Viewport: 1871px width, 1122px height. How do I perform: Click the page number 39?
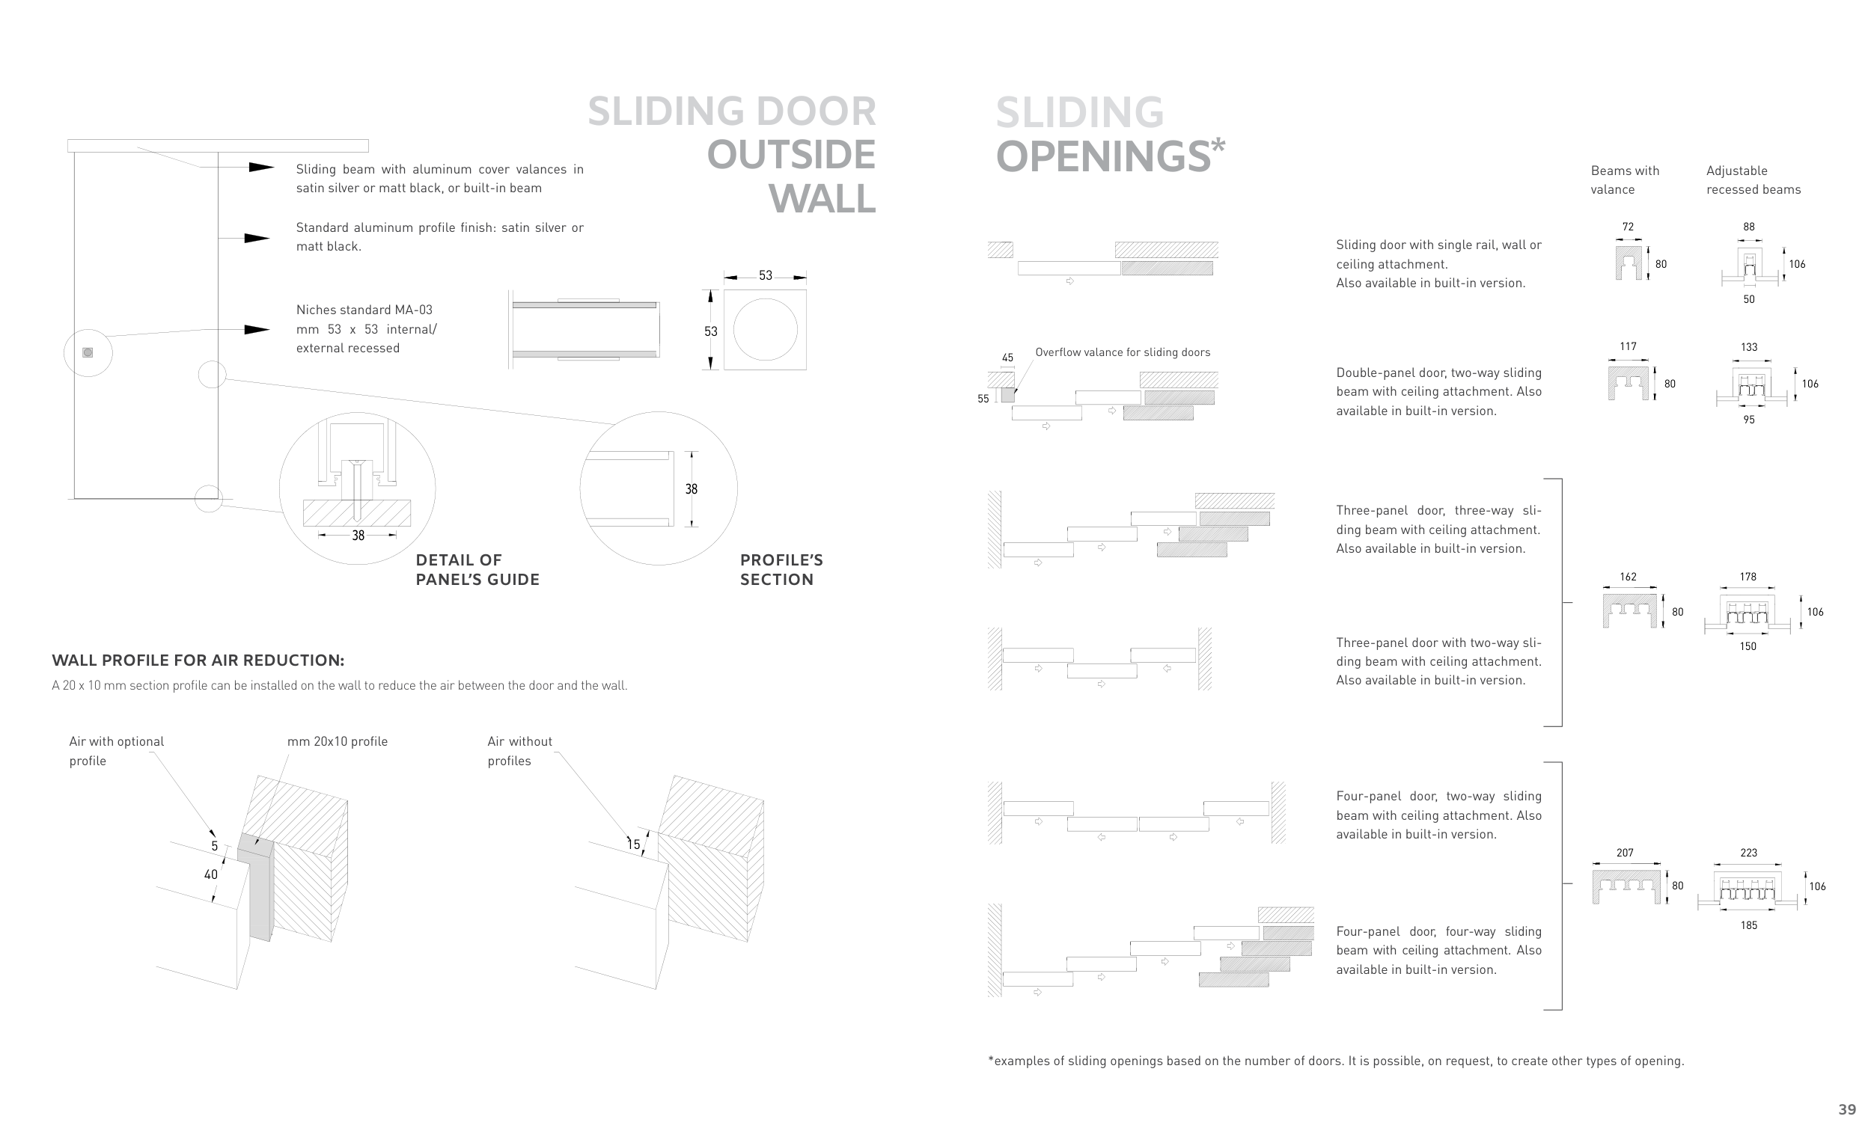1847,1109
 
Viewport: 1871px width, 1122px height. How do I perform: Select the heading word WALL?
822,199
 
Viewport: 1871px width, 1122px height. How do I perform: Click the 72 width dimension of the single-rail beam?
1628,227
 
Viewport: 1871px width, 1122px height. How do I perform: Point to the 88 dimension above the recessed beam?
1748,227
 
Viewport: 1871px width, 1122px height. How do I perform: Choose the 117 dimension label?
1628,346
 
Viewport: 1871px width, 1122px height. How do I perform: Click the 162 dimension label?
1628,577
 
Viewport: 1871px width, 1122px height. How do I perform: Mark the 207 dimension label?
1625,853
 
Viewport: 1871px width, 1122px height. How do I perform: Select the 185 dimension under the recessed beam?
1748,925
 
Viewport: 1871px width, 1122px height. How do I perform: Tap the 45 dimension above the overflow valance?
1007,358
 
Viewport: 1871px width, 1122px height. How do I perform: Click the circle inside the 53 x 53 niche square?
766,330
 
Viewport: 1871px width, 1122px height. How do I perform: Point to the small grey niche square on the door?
88,352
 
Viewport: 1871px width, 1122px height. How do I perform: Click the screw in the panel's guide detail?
357,488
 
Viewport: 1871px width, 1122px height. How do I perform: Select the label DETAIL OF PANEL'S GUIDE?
477,569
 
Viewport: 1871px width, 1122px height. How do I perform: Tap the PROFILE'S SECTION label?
781,569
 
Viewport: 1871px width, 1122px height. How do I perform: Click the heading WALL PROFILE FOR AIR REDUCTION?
198,660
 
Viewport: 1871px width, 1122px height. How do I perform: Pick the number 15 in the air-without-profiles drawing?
634,844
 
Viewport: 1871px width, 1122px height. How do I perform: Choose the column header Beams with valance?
1624,180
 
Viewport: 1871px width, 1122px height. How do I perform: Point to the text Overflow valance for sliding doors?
1123,352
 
